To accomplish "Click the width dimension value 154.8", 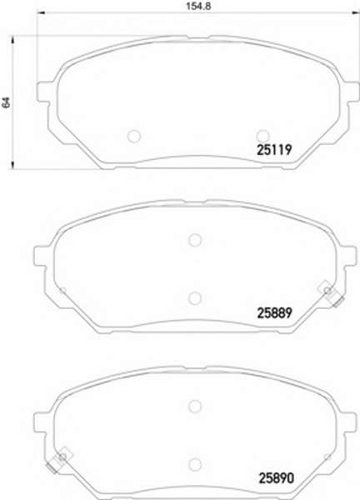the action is tap(198, 6).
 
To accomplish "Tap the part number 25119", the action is tap(274, 149).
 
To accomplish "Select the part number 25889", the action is tap(274, 313).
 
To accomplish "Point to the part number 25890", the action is tap(276, 478).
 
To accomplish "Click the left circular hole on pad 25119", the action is tap(134, 136).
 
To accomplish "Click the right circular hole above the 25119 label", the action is tap(263, 136).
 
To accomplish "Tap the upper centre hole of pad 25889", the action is tap(194, 240).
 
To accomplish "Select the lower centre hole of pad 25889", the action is tap(194, 297).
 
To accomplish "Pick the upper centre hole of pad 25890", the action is tap(194, 406).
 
